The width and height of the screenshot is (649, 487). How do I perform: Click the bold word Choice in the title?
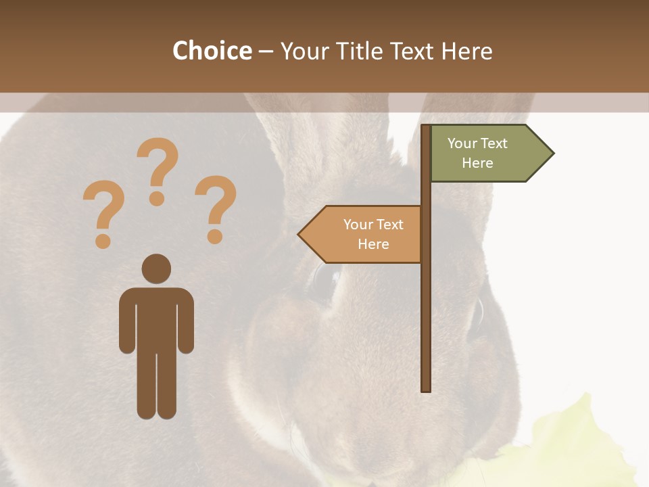tap(212, 51)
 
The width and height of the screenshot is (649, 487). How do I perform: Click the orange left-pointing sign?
tap(362, 234)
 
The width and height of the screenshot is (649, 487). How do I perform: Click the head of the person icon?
tap(156, 269)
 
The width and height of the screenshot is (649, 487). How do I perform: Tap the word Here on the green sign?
tap(477, 163)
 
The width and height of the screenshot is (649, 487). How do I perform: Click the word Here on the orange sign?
tap(373, 244)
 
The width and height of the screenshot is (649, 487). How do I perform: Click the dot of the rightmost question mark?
tap(215, 237)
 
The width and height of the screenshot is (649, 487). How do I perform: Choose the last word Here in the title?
tap(466, 51)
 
